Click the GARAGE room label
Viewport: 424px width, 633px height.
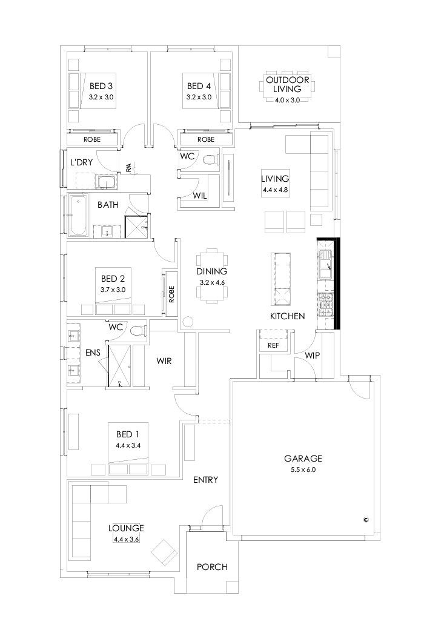pyautogui.click(x=303, y=459)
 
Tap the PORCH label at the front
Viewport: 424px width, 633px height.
pyautogui.click(x=213, y=567)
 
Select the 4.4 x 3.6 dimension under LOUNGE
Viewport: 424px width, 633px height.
pyautogui.click(x=126, y=539)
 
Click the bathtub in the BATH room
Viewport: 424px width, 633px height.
pyautogui.click(x=77, y=216)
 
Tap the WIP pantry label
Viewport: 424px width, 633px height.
pyautogui.click(x=313, y=355)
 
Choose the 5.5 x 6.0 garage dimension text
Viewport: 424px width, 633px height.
pyautogui.click(x=303, y=469)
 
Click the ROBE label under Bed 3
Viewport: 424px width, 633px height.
pyautogui.click(x=93, y=139)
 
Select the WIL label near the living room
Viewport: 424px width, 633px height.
pyautogui.click(x=201, y=196)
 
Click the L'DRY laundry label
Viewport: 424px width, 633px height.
pyautogui.click(x=81, y=162)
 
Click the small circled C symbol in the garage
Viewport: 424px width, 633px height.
pyautogui.click(x=366, y=519)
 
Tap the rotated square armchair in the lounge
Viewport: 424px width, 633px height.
pyautogui.click(x=164, y=552)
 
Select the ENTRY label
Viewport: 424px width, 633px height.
pyautogui.click(x=205, y=480)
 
